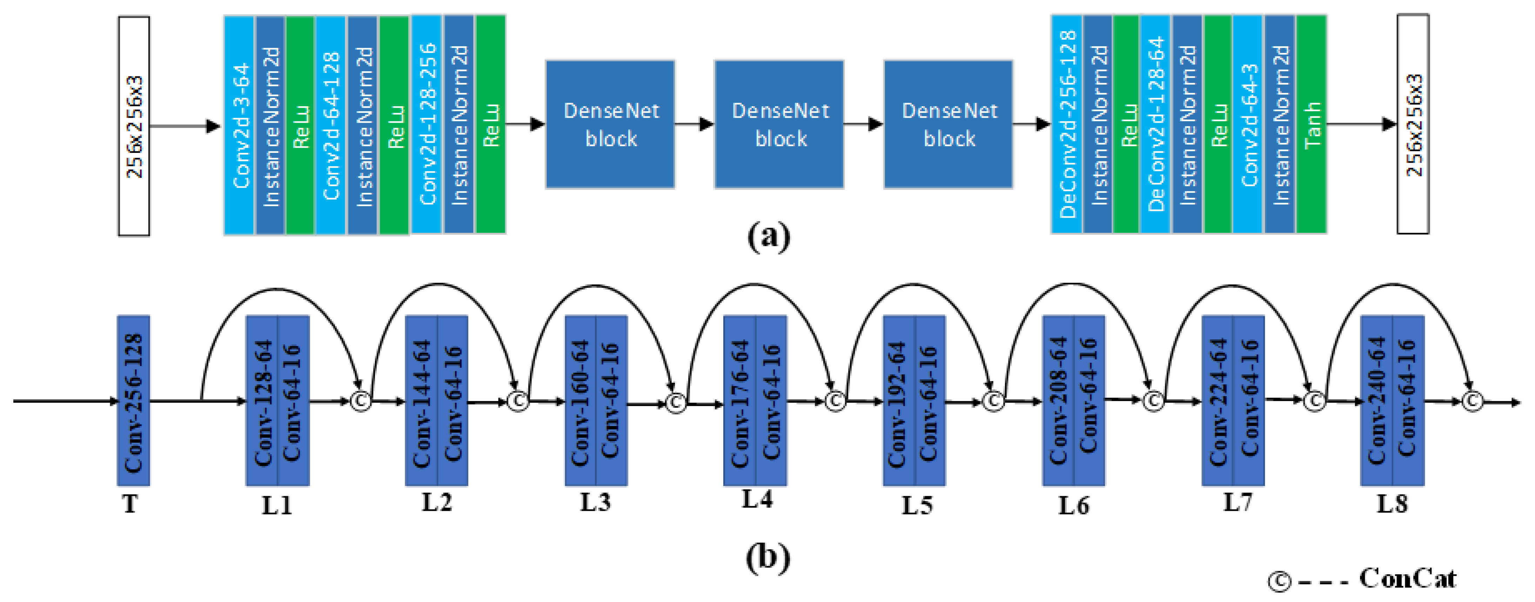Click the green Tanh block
pos(1311,124)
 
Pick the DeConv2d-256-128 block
pos(1067,124)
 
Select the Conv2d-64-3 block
pos(1248,124)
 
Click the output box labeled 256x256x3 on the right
pos(1413,124)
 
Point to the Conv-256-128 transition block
pos(134,401)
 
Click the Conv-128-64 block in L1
pos(262,401)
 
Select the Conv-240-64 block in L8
pos(1376,401)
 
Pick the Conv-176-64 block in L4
pos(739,401)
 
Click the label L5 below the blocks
pos(917,506)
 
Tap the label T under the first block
pos(130,504)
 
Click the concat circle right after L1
pos(360,401)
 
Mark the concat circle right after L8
pos(1473,401)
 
